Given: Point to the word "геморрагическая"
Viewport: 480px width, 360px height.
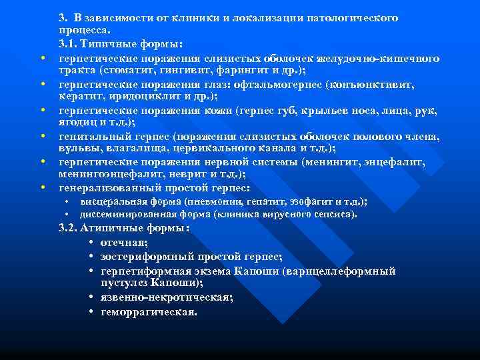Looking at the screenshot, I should coord(149,311).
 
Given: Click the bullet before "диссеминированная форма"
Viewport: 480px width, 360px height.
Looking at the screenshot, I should coord(68,215).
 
